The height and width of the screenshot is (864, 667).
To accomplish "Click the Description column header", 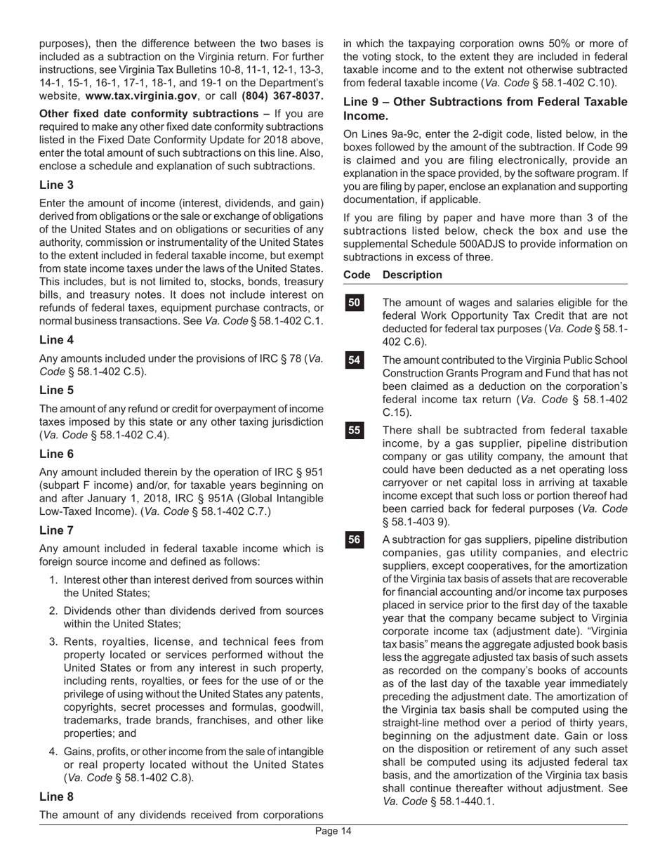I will [x=413, y=275].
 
